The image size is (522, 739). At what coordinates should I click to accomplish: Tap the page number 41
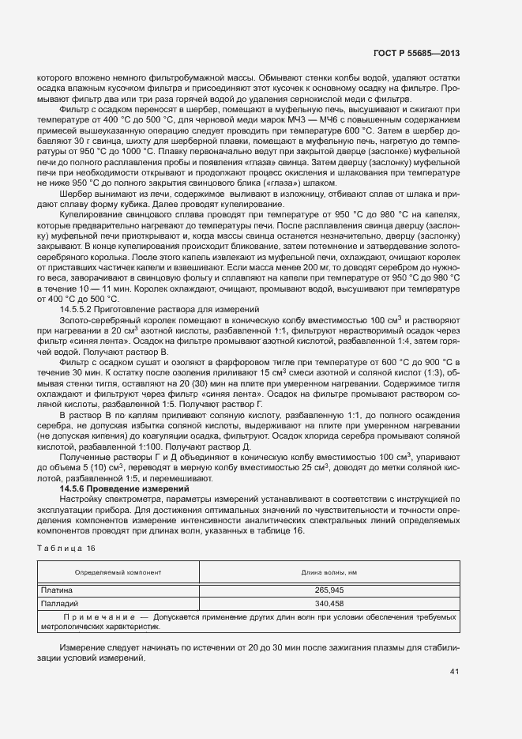(x=453, y=672)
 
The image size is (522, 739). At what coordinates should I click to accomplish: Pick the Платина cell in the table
(x=57, y=589)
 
